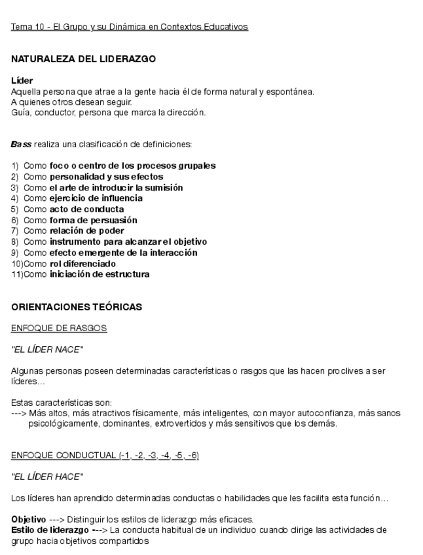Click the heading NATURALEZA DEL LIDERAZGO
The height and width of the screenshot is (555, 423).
pos(83,59)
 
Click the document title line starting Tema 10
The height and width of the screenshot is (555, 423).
pos(130,27)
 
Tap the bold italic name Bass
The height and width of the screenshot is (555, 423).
pos(21,143)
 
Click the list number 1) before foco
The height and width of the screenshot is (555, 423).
pos(16,166)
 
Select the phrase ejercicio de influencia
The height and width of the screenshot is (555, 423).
pos(96,198)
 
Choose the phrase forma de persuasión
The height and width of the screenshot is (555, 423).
pos(93,220)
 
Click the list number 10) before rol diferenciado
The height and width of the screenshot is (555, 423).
pos(17,263)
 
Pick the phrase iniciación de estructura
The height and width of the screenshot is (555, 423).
pos(99,274)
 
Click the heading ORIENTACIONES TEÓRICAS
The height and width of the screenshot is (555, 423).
pos(77,306)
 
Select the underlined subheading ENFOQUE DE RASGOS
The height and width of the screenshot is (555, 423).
pos(59,328)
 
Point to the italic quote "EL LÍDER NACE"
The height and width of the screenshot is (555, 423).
pos(47,349)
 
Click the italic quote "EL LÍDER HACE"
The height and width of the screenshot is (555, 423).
pos(47,476)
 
